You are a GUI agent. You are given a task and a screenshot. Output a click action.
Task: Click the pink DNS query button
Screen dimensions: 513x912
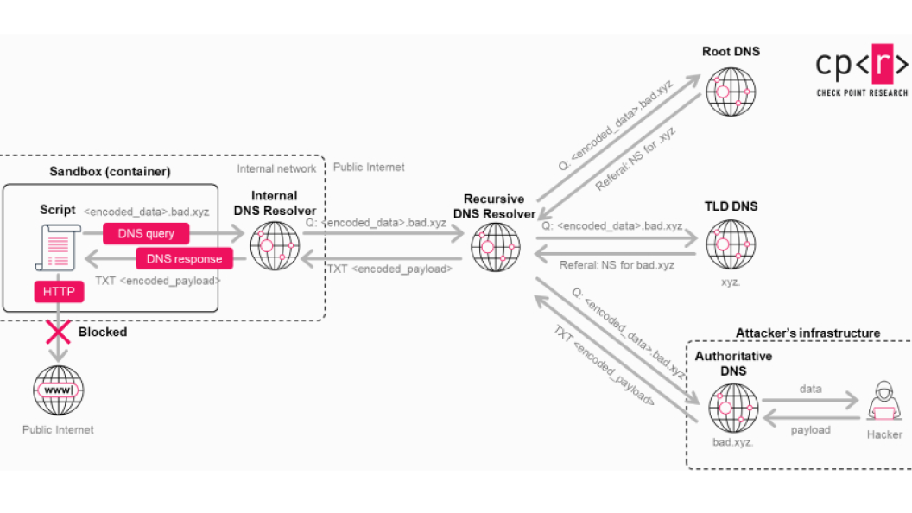click(x=147, y=233)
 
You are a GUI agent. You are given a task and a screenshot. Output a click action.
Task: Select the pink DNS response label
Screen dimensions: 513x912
click(x=184, y=258)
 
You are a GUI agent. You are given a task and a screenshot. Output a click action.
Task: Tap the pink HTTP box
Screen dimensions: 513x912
click(x=60, y=293)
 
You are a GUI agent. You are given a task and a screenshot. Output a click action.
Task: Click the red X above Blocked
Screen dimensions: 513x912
click(x=59, y=331)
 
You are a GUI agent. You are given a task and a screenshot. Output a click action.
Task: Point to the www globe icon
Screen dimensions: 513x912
click(x=59, y=391)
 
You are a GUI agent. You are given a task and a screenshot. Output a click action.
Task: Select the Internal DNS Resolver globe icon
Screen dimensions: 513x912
click(x=275, y=246)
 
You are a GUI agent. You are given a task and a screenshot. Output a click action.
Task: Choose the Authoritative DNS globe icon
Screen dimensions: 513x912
click(x=733, y=408)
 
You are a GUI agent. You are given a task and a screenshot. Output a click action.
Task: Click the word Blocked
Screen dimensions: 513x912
click(x=103, y=332)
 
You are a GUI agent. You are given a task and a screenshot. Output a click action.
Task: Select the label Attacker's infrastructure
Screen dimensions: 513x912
click(x=807, y=333)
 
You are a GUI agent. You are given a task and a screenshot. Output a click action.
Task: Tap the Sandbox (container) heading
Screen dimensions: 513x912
click(x=110, y=171)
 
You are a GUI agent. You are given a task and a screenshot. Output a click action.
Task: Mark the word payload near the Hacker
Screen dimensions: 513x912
click(x=810, y=429)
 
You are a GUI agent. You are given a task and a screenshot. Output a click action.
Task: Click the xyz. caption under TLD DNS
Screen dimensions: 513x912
click(x=730, y=282)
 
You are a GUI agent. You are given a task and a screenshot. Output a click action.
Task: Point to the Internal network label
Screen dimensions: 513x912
click(x=276, y=168)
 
